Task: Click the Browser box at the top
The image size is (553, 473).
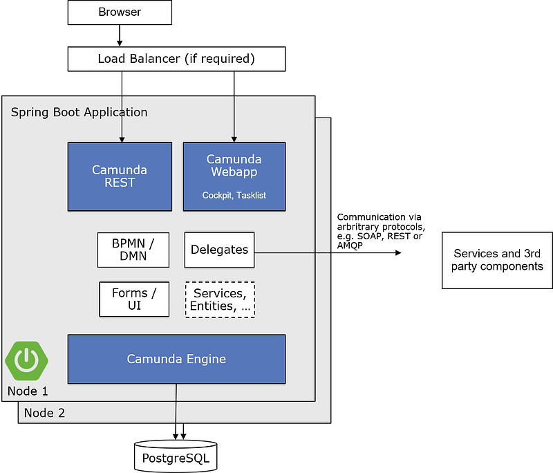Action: pos(119,12)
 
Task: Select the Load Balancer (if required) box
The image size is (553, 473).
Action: pos(176,59)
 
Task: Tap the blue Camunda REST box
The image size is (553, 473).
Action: pos(120,176)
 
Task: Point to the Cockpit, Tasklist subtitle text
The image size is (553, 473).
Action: pos(234,196)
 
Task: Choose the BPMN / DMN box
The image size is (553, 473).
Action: pos(133,250)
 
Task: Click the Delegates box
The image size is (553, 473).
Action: pos(219,250)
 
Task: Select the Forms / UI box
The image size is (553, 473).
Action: pos(134,299)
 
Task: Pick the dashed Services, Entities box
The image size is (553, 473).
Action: pos(220,299)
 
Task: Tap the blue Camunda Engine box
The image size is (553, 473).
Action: pos(176,359)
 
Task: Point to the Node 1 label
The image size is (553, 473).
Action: pos(28,391)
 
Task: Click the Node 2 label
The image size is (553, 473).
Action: pos(44,413)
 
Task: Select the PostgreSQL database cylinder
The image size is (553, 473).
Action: pos(175,457)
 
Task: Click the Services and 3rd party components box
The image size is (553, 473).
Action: pos(497,261)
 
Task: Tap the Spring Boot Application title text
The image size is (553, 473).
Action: pos(79,112)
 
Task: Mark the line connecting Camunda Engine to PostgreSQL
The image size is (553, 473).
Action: pos(176,408)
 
